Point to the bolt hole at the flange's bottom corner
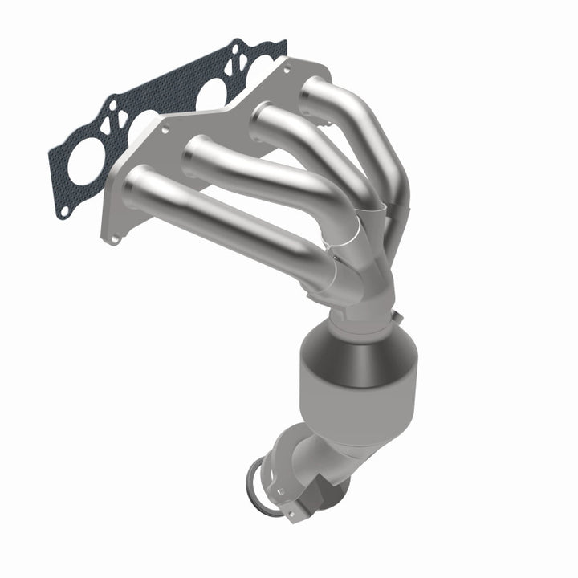[116, 238]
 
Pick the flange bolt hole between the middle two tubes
[165, 128]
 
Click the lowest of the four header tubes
[225, 217]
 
